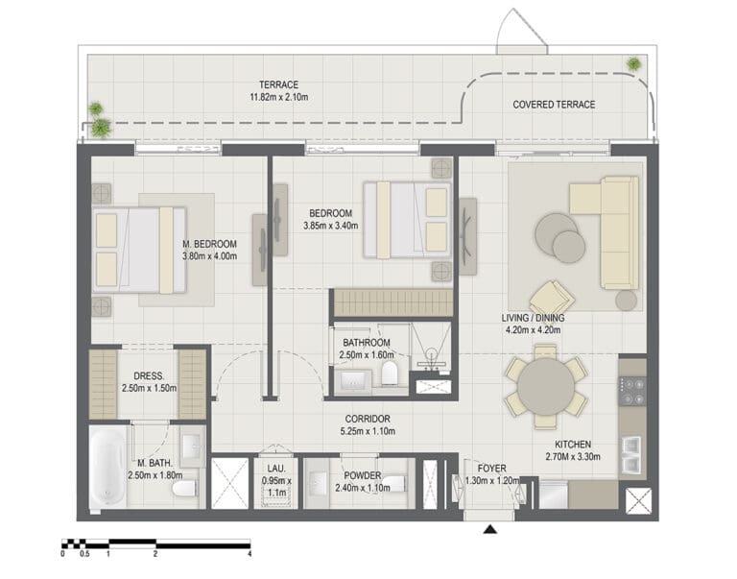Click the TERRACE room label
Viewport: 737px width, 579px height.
point(278,84)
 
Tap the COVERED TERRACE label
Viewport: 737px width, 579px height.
point(554,105)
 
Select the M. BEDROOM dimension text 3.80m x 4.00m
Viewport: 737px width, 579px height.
point(209,256)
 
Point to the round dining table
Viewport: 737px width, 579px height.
point(546,387)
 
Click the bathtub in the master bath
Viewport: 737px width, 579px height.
point(107,469)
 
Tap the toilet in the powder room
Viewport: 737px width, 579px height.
point(395,483)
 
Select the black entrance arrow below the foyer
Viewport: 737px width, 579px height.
point(489,530)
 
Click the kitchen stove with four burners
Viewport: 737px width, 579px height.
point(632,392)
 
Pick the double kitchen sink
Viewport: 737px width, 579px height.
point(631,454)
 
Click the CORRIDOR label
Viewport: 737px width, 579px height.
point(368,419)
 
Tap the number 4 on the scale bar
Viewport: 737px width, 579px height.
point(250,554)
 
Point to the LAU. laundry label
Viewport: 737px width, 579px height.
point(276,469)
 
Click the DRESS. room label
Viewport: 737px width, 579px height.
point(149,375)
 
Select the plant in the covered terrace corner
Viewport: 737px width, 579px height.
point(633,64)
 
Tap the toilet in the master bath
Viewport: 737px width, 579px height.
point(184,488)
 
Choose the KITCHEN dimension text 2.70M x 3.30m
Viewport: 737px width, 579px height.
point(573,456)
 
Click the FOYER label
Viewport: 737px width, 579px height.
point(491,469)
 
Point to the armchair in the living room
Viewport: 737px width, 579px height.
point(552,297)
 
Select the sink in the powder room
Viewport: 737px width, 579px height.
point(318,483)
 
